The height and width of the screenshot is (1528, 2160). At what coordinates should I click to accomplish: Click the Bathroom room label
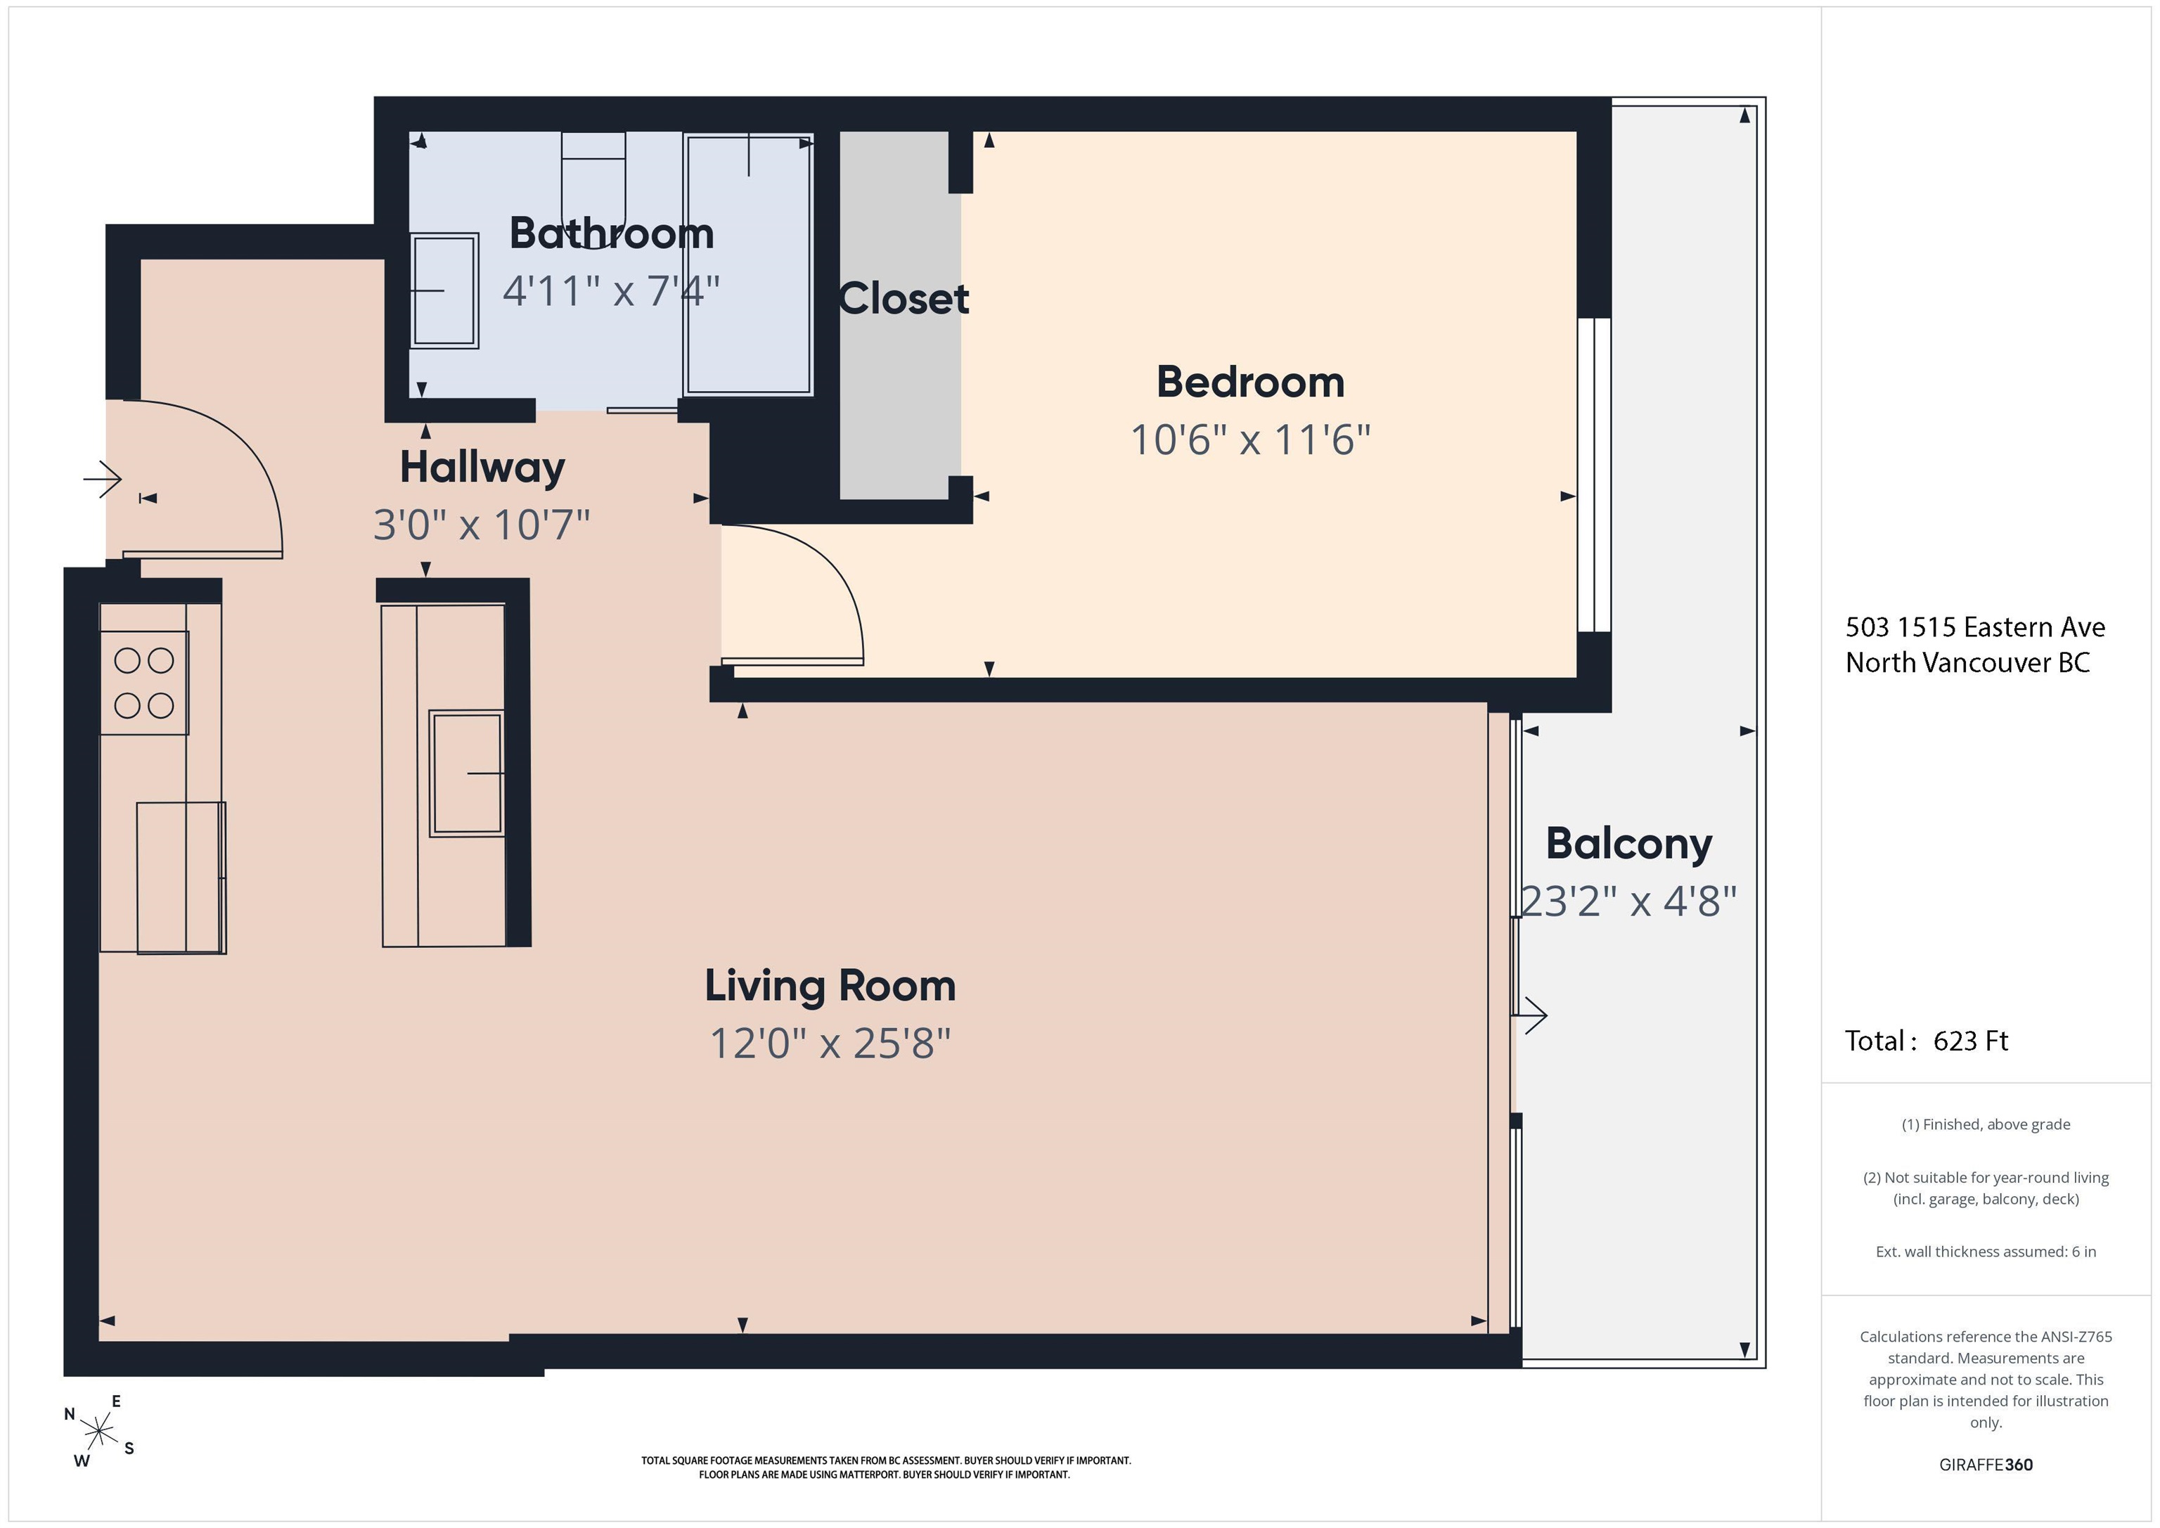(x=612, y=233)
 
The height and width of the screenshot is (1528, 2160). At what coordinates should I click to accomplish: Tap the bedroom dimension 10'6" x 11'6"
(x=1250, y=439)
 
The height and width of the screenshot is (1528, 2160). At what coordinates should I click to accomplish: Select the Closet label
(x=903, y=300)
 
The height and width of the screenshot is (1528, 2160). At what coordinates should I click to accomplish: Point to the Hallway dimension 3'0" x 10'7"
(x=482, y=524)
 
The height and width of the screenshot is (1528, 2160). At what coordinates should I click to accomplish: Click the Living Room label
(x=830, y=986)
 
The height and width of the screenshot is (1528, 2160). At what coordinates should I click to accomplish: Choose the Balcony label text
(x=1628, y=844)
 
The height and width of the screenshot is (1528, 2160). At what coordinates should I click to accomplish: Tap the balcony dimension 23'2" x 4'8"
(x=1628, y=901)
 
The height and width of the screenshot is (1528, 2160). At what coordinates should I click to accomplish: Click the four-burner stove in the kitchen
(x=144, y=683)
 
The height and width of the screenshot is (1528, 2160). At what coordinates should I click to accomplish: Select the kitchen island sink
(x=467, y=773)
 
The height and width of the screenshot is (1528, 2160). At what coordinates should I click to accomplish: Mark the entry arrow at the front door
(x=103, y=480)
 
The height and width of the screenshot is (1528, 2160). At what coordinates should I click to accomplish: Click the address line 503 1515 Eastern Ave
(x=1974, y=627)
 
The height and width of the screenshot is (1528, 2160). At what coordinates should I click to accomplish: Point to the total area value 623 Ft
(x=1970, y=1041)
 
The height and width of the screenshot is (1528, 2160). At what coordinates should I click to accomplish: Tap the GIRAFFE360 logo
(x=1986, y=1465)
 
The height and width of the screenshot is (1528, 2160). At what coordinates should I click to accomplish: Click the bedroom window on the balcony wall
(x=1594, y=475)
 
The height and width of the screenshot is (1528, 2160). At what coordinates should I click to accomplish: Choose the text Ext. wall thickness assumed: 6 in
(x=1986, y=1252)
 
